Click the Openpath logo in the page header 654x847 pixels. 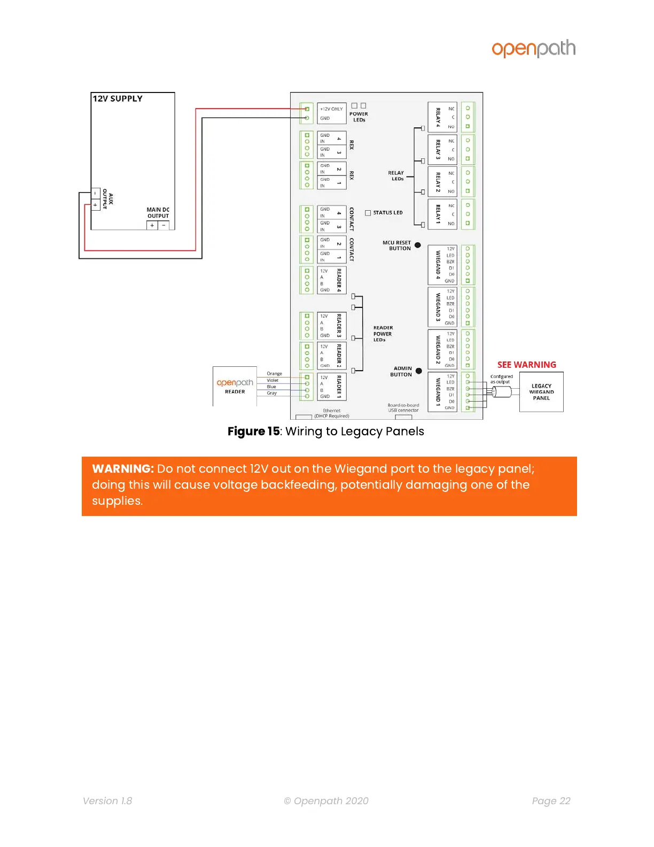click(x=533, y=49)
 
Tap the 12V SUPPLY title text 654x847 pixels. click(x=118, y=98)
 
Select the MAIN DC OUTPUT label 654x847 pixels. click(x=158, y=213)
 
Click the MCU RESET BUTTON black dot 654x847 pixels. click(x=418, y=245)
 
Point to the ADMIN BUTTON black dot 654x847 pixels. click(x=419, y=371)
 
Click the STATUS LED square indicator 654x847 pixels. click(x=368, y=213)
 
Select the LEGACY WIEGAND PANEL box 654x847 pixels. click(x=541, y=392)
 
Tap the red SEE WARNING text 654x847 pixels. click(x=526, y=365)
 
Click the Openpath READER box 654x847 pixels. click(x=235, y=386)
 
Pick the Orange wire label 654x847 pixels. click(x=274, y=374)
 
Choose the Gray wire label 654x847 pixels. click(x=271, y=393)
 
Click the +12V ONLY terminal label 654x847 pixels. click(x=331, y=109)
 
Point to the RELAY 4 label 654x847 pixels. click(x=438, y=117)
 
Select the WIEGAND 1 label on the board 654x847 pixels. click(x=438, y=392)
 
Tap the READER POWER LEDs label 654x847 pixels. click(x=383, y=334)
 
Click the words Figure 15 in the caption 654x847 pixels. click(x=253, y=432)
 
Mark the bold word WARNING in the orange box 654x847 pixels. click(x=123, y=469)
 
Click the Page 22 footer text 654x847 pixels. click(x=551, y=801)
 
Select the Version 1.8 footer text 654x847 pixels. click(x=107, y=801)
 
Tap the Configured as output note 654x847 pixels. click(x=501, y=379)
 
